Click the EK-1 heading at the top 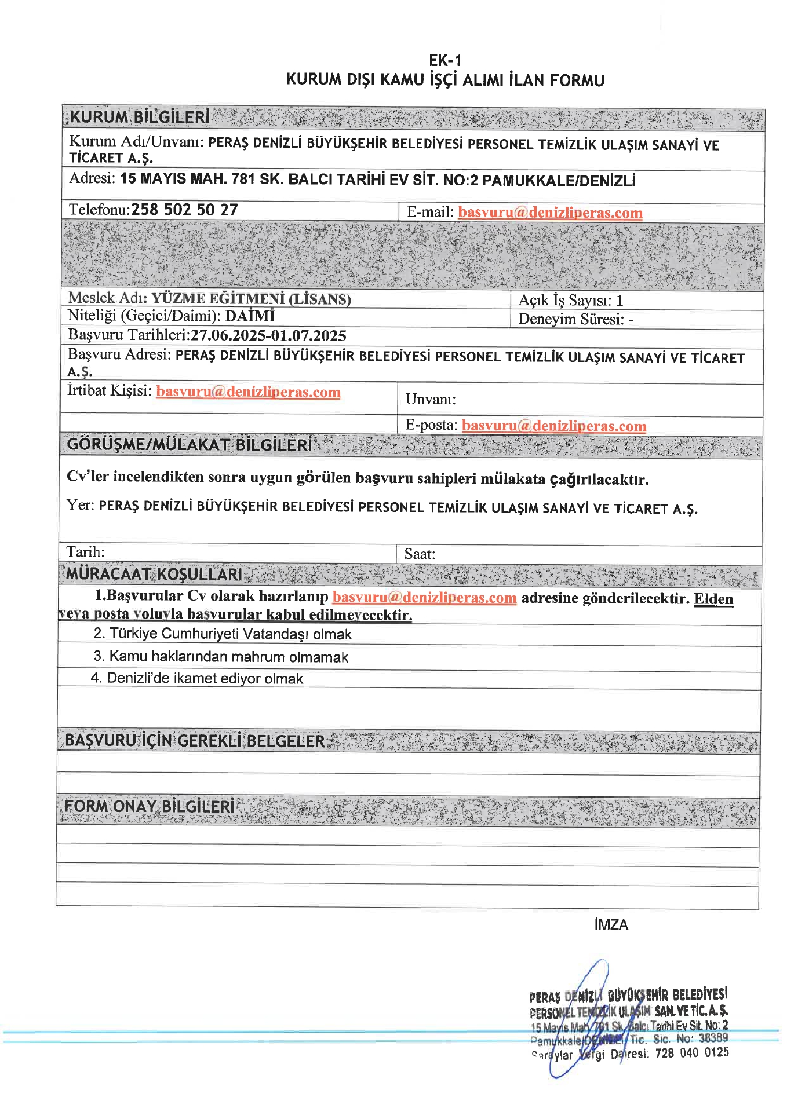tap(444, 61)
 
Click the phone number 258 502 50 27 tap(184, 210)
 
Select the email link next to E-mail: tap(549, 213)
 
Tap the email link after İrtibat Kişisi tap(248, 392)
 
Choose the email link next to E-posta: tap(553, 426)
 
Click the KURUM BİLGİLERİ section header tap(140, 117)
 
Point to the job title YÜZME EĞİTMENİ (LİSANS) tap(251, 299)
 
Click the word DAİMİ tap(250, 316)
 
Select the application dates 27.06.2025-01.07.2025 tap(268, 336)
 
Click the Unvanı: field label tap(430, 399)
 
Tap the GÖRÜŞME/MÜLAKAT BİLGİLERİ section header tap(190, 445)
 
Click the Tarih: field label tap(85, 552)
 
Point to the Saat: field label tap(420, 554)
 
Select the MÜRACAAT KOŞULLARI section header tap(154, 574)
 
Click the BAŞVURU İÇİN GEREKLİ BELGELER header tap(195, 741)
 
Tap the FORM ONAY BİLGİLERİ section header tap(150, 806)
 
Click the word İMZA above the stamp tap(611, 925)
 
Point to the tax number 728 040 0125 tap(691, 1053)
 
